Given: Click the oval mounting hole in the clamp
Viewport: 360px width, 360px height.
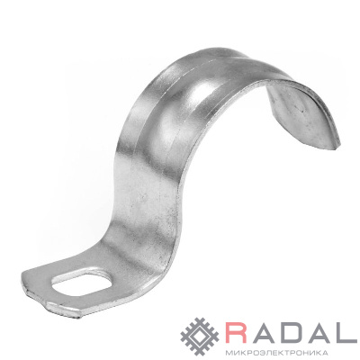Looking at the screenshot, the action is pos(82,283).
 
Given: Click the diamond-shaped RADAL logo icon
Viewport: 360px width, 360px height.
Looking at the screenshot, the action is pos(200,337).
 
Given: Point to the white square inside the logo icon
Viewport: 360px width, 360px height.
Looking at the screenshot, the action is pos(200,337).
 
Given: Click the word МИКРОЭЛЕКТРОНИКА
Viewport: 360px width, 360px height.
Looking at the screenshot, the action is pos(276,352).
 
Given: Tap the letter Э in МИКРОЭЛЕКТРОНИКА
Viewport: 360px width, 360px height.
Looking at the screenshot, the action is pos(257,352).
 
